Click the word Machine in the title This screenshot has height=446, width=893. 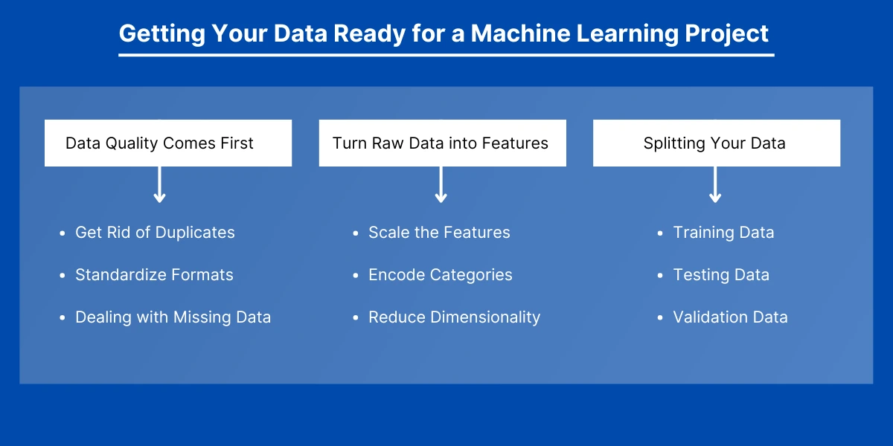pos(521,33)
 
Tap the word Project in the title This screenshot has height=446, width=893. pos(726,33)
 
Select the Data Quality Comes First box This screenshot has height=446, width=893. pos(168,143)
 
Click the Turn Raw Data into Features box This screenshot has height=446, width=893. pos(443,143)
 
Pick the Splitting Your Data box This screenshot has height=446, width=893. pos(717,143)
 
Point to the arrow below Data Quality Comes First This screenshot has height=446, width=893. pos(159,185)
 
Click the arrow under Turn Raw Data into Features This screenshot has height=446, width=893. pos(441,185)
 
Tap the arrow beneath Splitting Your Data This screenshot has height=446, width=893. pos(715,185)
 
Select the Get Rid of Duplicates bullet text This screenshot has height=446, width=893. pos(155,233)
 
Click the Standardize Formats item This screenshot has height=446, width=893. pos(154,275)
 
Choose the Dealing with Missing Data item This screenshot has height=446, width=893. pos(173,317)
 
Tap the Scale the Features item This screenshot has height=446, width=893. pos(439,233)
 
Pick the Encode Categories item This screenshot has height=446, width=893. pos(441,275)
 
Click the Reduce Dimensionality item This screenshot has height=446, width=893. pos(455,317)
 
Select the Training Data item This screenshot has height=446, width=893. pos(723,233)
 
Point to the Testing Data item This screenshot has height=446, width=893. pos(721,275)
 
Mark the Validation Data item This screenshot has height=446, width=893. pos(730,317)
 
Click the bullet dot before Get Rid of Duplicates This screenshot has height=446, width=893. pos(63,233)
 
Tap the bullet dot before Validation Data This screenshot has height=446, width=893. pos(660,318)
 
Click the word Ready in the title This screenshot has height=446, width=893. pos(370,33)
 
